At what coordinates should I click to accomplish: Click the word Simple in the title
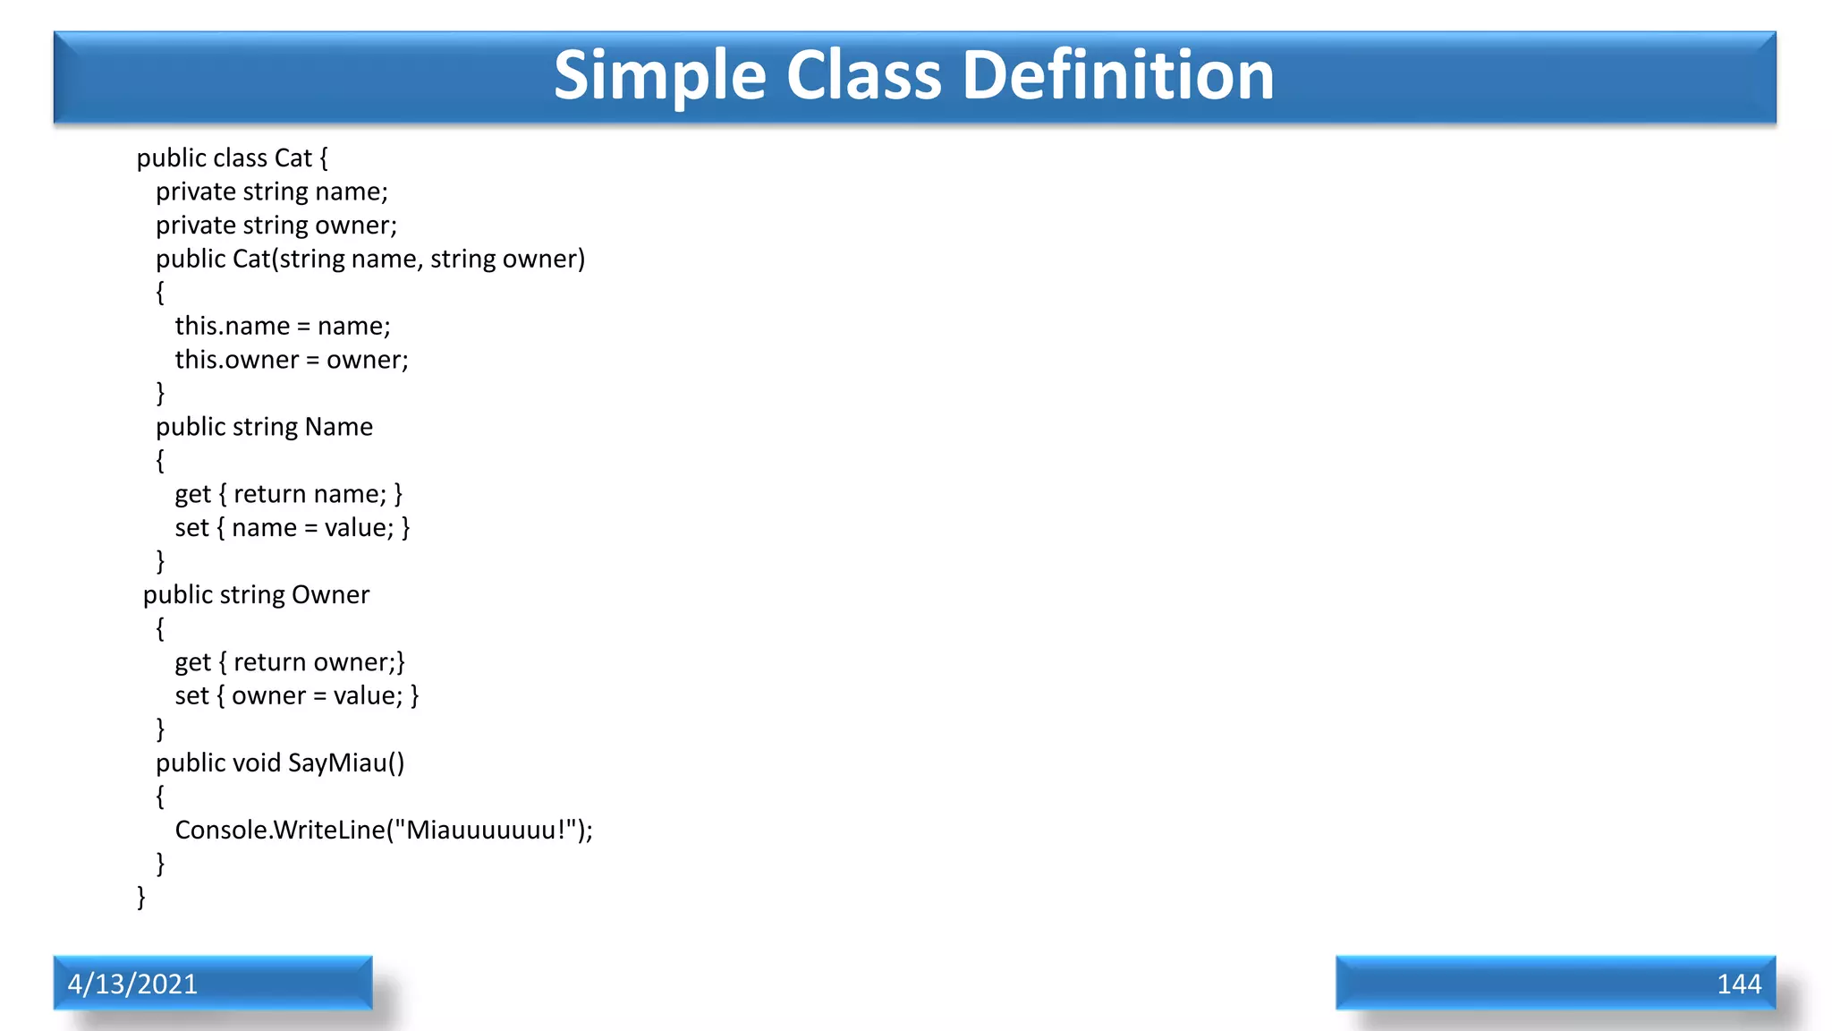click(x=659, y=76)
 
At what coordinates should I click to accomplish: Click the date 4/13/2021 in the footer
click(x=132, y=984)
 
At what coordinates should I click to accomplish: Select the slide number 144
click(x=1738, y=984)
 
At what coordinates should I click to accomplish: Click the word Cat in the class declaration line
click(x=293, y=158)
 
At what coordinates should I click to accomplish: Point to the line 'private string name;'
click(x=271, y=192)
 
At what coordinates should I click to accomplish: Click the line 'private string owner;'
click(x=276, y=226)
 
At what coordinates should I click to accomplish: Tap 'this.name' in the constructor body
click(x=232, y=326)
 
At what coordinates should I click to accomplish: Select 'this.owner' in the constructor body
click(x=236, y=360)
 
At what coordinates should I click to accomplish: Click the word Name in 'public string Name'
click(x=338, y=427)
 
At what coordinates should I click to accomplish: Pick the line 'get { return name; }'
click(x=288, y=494)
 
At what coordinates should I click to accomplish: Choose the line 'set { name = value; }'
click(x=292, y=528)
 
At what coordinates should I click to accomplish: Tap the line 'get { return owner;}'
click(x=290, y=662)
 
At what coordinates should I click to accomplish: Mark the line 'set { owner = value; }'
click(x=296, y=696)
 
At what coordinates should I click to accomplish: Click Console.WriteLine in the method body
click(x=279, y=831)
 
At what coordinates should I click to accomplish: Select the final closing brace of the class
click(x=140, y=897)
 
